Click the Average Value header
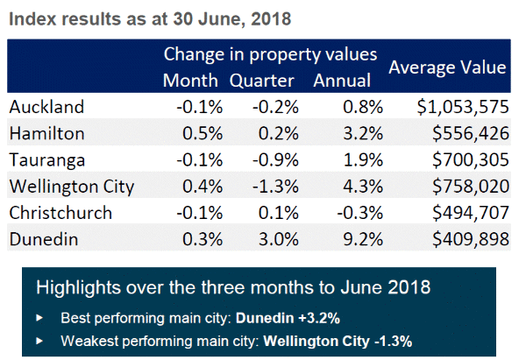(x=447, y=67)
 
